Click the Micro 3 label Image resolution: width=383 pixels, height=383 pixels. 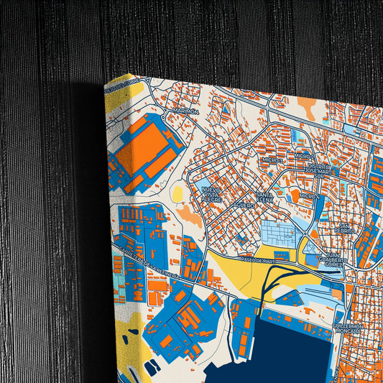click(x=273, y=160)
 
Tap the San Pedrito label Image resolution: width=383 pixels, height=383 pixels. click(x=346, y=228)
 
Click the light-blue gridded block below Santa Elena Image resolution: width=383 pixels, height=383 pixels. click(x=277, y=232)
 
